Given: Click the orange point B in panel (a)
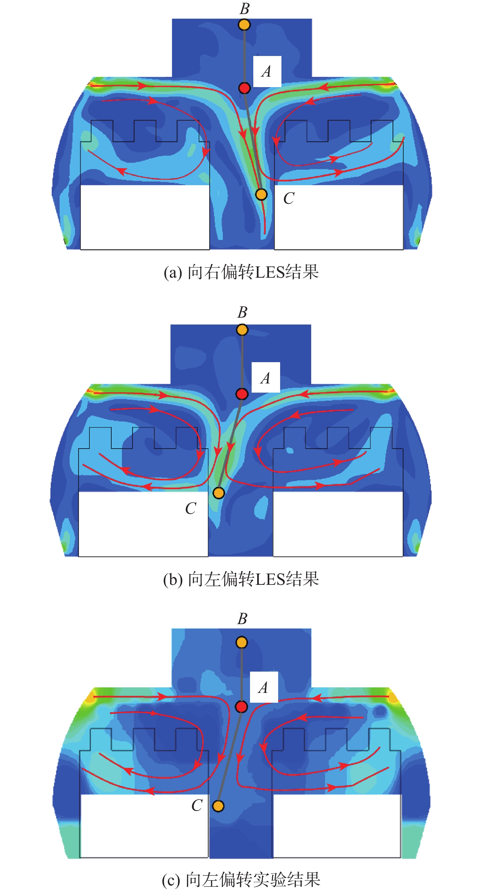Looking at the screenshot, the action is (x=244, y=25).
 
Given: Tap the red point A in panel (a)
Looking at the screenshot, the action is (x=244, y=88).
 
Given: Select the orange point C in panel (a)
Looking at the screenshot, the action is (x=261, y=195).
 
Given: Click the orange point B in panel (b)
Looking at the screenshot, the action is (x=242, y=330).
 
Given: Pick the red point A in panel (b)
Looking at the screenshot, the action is (x=242, y=394).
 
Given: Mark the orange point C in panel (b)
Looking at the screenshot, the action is (x=219, y=493).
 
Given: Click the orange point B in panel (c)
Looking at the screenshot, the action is (x=242, y=642).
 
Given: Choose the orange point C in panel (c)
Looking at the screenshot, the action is (x=218, y=806).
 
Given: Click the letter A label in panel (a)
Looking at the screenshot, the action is (x=266, y=72).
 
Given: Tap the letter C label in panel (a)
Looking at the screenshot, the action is (x=289, y=198).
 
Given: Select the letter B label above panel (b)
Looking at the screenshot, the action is (x=242, y=312).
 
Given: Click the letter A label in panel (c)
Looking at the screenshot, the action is (x=263, y=688).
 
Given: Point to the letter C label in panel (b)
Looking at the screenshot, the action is (x=190, y=509).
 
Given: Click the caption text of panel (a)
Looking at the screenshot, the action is (x=241, y=272).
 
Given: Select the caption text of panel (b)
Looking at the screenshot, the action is (x=241, y=579).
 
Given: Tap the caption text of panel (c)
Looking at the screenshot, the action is (x=241, y=880).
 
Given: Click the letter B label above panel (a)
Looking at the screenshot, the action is (x=244, y=9).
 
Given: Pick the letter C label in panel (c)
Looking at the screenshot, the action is (x=197, y=806).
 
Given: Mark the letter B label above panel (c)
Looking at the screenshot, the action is (x=242, y=619).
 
